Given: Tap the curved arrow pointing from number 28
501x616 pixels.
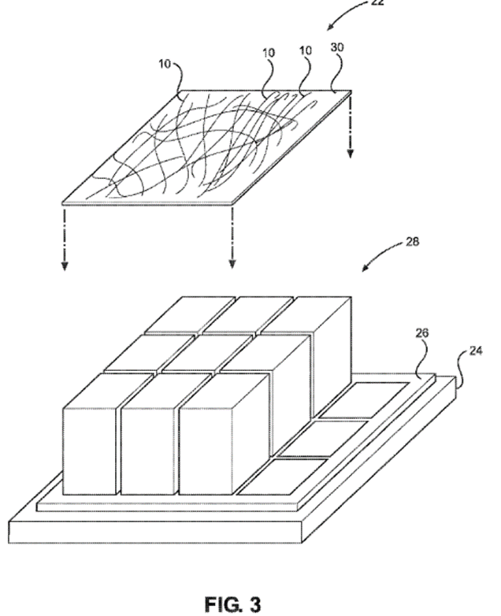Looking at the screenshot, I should coord(382,256).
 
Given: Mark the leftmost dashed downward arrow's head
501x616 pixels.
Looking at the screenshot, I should coord(64,264).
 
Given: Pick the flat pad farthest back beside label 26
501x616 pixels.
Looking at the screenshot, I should coord(367,397).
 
